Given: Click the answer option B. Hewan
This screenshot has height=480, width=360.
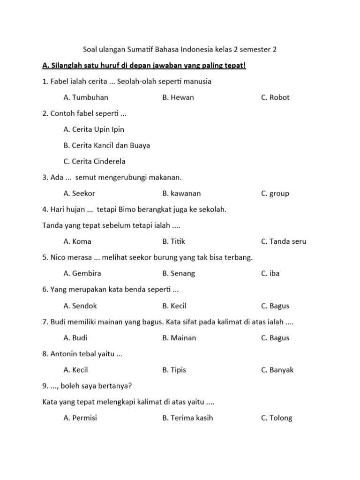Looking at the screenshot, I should (178, 97).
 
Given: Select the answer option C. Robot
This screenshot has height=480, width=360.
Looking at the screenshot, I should (276, 97).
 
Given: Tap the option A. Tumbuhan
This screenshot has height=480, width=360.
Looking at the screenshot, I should (86, 97).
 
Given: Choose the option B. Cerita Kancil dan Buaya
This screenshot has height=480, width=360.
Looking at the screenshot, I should (107, 145).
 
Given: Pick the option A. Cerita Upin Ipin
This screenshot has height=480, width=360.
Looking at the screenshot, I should (94, 129).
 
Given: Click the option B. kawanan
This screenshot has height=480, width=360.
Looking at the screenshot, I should (181, 193).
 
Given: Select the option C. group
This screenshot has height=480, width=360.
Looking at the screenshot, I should (275, 193).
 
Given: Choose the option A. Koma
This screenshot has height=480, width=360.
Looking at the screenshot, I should (77, 241).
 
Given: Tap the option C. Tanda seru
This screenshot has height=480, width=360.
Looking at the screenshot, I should (284, 241).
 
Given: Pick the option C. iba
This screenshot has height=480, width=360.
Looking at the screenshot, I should (270, 273).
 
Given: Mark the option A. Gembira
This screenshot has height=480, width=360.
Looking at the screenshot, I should (82, 273).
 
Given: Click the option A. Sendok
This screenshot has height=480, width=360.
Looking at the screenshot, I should (80, 306).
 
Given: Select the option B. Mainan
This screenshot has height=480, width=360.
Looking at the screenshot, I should (179, 337).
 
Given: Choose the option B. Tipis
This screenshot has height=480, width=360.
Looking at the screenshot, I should (174, 370).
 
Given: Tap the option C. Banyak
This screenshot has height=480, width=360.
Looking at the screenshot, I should (277, 370).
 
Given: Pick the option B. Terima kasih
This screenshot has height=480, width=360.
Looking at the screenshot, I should (187, 418).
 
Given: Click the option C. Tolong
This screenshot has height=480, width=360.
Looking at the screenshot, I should (277, 418).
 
